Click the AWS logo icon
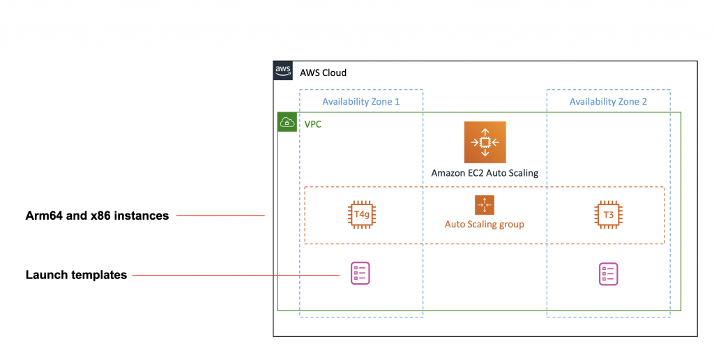[283, 70]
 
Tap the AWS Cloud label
[323, 73]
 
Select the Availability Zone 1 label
[361, 102]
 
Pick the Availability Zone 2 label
[608, 102]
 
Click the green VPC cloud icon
[287, 122]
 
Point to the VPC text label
[313, 124]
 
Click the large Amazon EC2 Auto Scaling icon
[485, 142]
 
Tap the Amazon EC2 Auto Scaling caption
[485, 173]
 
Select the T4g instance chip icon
[362, 214]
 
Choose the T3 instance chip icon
[608, 214]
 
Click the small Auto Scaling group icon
[485, 205]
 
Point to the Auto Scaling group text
[485, 224]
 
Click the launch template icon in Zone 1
[360, 273]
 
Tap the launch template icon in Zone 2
[608, 274]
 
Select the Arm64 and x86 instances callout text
[97, 216]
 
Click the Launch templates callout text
[76, 275]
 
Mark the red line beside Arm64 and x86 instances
[220, 215]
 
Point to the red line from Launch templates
[236, 276]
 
